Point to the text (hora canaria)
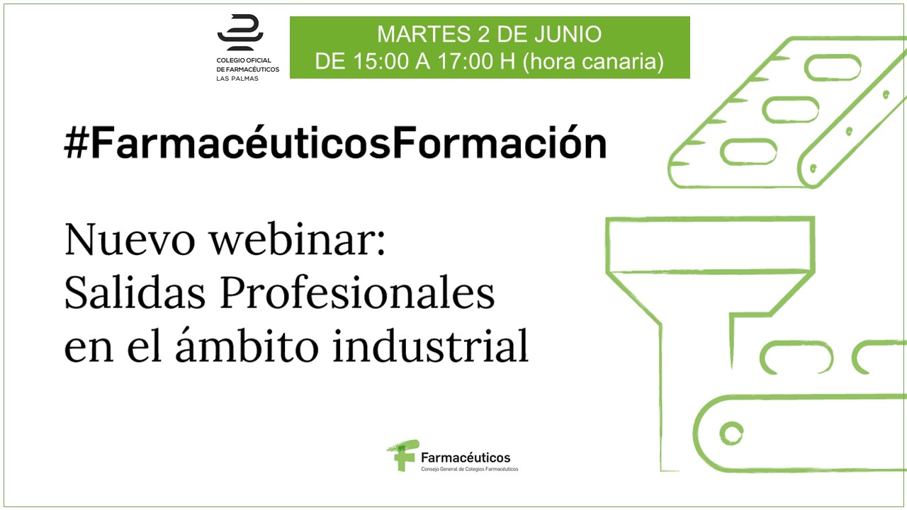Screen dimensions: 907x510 click(593, 62)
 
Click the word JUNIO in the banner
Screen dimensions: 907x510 click(568, 34)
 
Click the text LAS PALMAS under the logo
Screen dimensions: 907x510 click(237, 79)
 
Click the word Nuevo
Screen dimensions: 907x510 click(130, 240)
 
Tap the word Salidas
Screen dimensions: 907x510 click(135, 293)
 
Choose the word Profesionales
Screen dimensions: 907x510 click(357, 293)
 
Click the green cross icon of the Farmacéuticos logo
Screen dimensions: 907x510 click(402, 455)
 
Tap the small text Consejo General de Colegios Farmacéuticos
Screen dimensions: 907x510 click(469, 469)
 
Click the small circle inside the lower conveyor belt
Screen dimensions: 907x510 click(731, 433)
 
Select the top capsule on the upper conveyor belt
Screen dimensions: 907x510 click(833, 67)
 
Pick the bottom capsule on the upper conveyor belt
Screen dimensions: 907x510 click(748, 152)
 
